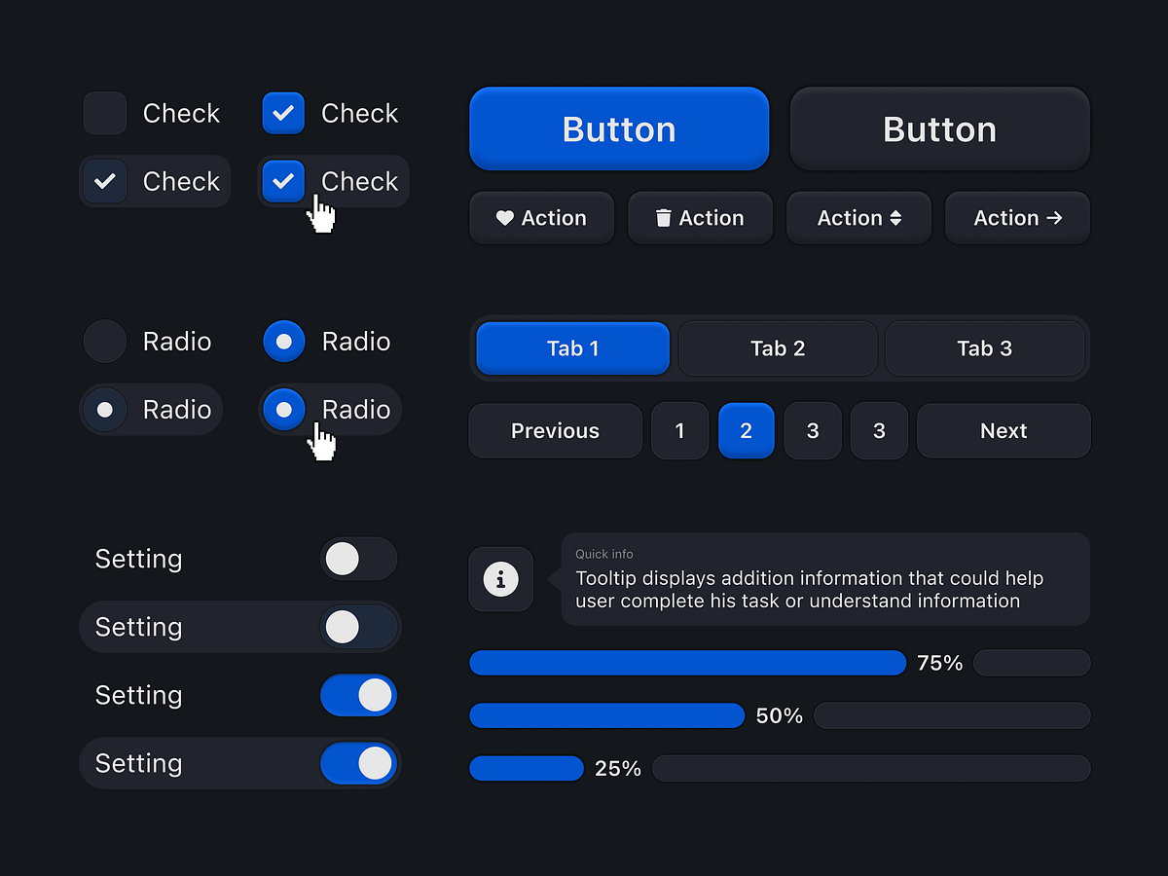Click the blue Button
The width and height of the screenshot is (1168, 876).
click(619, 129)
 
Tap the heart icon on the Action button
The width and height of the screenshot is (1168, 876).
click(504, 218)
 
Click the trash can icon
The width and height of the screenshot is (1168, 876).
click(663, 218)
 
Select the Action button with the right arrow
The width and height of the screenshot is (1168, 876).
click(1017, 218)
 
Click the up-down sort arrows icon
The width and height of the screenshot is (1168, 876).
click(895, 218)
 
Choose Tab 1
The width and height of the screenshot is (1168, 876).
click(572, 348)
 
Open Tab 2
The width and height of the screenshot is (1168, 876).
click(778, 348)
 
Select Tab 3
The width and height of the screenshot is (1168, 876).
click(984, 348)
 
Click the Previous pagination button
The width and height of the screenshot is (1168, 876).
click(555, 431)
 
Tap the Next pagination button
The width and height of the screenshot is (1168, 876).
click(1004, 431)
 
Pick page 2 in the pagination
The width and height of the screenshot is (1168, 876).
click(746, 431)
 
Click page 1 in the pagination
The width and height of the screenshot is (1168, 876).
click(679, 431)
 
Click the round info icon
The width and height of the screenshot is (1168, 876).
click(501, 580)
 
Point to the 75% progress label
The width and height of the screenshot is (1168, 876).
click(939, 664)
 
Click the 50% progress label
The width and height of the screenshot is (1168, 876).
click(779, 716)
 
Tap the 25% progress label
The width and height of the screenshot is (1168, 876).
click(618, 769)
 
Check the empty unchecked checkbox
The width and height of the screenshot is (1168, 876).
click(105, 113)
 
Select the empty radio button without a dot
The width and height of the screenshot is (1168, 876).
click(105, 342)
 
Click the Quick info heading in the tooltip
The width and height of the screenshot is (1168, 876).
click(604, 554)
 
